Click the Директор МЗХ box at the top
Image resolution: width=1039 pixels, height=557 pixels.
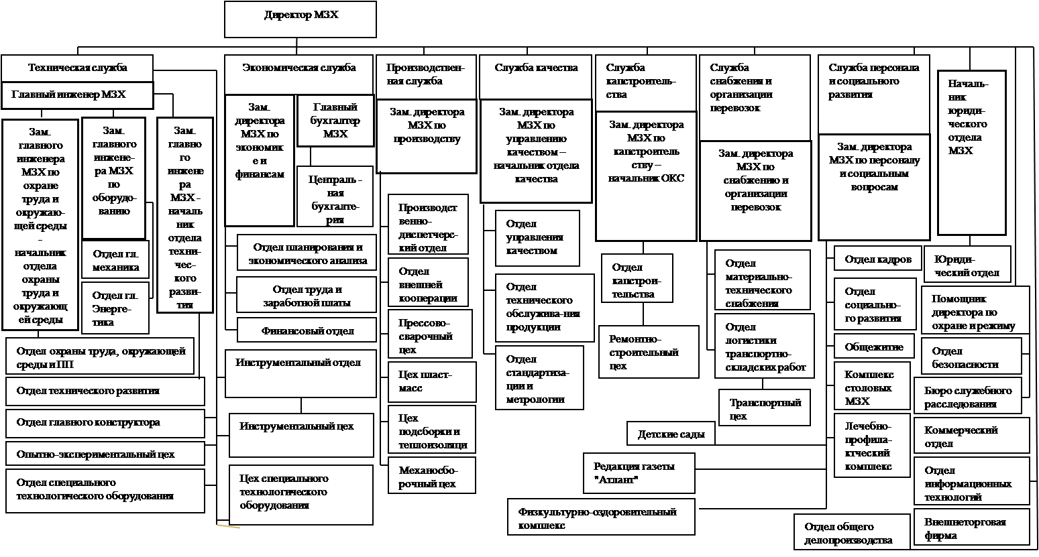coord(300,19)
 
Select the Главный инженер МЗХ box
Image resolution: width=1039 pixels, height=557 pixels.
coord(77,95)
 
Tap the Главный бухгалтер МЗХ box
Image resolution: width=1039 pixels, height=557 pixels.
coord(335,121)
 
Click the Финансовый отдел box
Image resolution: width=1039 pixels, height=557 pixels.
coord(307,331)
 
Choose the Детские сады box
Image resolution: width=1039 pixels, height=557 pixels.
coord(671,434)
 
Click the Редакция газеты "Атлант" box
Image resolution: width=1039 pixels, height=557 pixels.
coord(639,473)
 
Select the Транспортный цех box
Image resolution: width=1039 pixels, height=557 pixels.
coord(764,408)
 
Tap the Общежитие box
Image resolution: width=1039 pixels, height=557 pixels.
coord(873,347)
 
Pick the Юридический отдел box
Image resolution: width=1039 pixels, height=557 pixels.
coord(967,265)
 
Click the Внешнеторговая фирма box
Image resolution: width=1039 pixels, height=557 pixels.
coord(971,528)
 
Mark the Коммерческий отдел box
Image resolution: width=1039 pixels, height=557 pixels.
coord(971,436)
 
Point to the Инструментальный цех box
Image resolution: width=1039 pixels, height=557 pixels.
coord(301,434)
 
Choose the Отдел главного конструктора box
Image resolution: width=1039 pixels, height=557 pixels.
coord(105,423)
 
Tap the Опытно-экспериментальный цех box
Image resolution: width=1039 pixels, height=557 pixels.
coord(105,454)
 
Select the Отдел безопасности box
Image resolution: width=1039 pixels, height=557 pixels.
coord(971,357)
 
